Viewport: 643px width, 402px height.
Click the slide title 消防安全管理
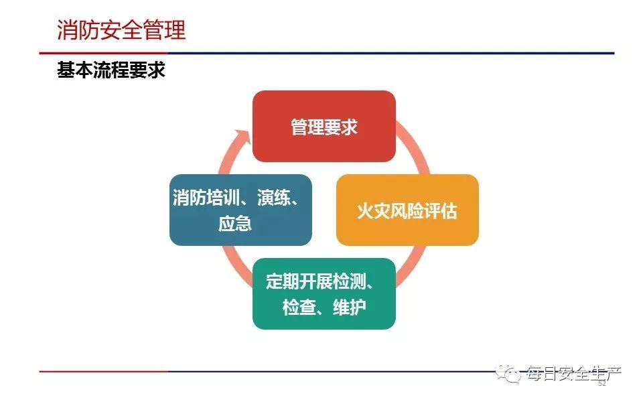(x=121, y=30)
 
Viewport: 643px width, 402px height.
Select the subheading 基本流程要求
(x=111, y=70)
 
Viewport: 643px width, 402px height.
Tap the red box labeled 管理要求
(x=324, y=126)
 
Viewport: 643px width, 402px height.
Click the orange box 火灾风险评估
(x=407, y=210)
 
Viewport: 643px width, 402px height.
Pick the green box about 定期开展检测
(x=324, y=293)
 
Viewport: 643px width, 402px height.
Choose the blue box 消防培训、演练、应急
(x=240, y=210)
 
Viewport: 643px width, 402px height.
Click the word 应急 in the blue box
(x=235, y=224)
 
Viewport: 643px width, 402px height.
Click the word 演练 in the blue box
(x=273, y=198)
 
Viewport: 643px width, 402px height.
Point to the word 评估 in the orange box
(x=441, y=211)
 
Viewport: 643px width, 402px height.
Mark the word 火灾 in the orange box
(x=374, y=211)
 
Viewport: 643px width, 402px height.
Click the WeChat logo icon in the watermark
(x=508, y=373)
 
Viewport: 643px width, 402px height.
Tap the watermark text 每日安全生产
(x=573, y=373)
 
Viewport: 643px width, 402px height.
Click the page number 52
(x=602, y=383)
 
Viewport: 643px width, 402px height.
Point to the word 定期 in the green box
(x=283, y=281)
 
